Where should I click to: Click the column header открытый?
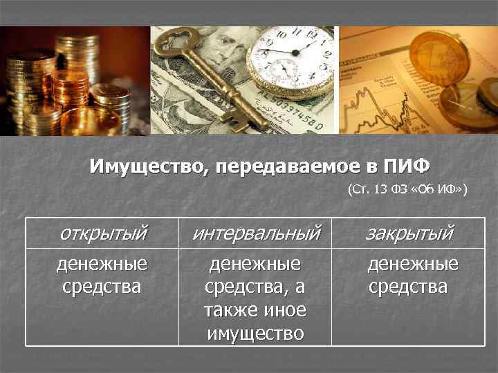click(x=103, y=233)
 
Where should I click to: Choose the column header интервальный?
click(x=256, y=233)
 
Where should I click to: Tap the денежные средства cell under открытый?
click(x=102, y=274)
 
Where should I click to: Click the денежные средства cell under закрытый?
click(x=413, y=274)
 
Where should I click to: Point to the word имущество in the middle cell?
click(x=255, y=334)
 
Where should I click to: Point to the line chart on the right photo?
click(x=387, y=97)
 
